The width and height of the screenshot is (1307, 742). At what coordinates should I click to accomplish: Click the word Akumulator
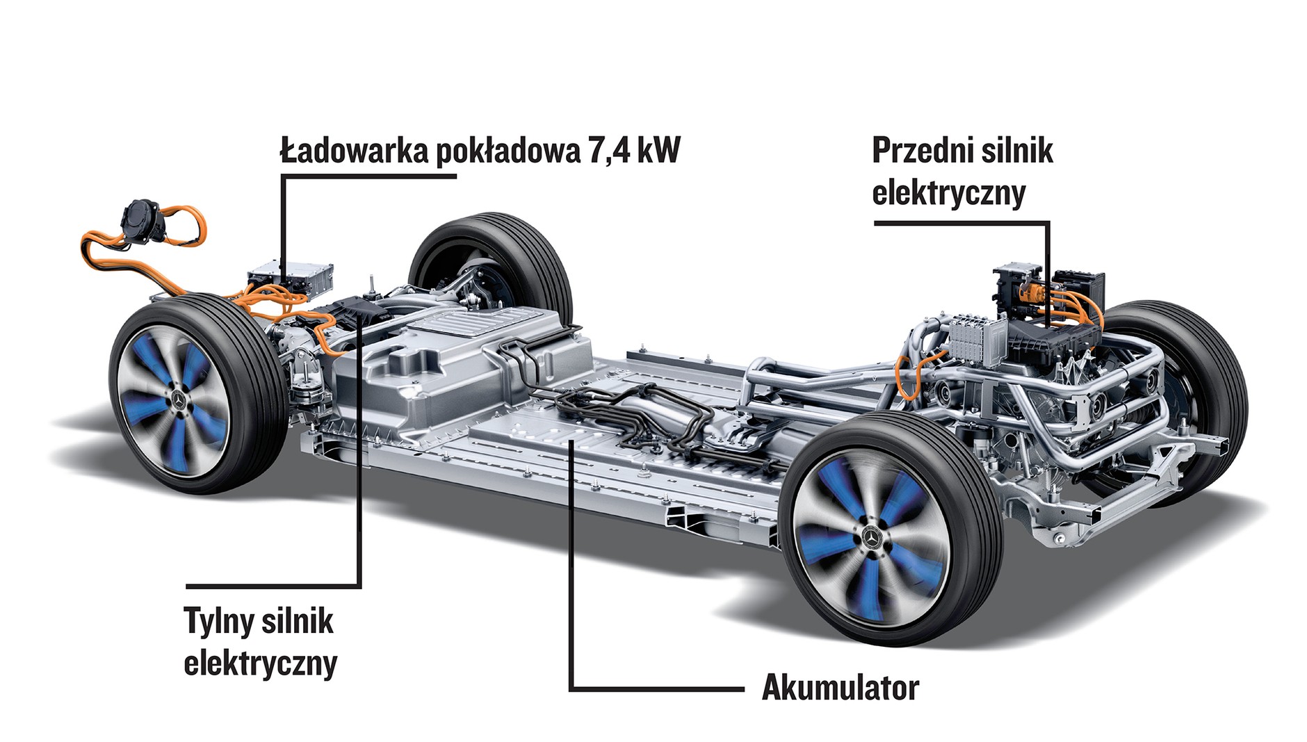(840, 688)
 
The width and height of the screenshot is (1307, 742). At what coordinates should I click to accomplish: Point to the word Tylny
(218, 620)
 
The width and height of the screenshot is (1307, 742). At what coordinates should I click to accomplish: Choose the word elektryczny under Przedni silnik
(948, 192)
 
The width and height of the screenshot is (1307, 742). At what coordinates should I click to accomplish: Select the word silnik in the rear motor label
(298, 620)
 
